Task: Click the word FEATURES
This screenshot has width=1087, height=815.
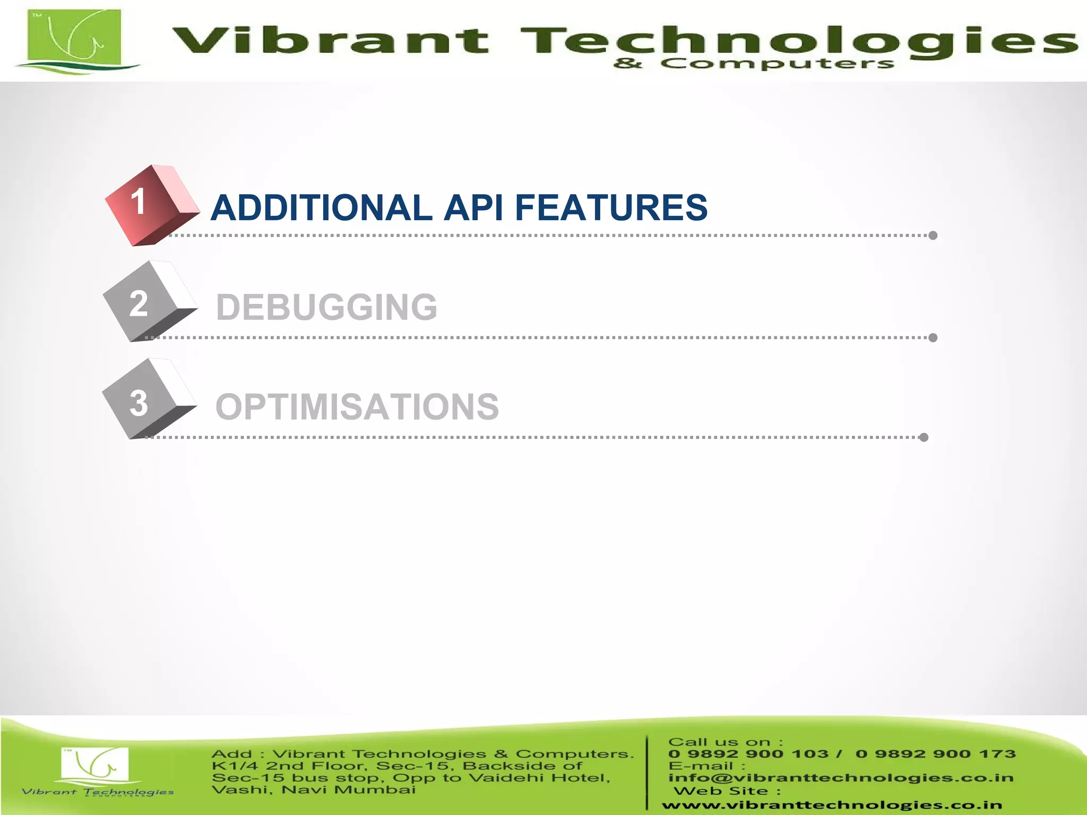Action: [611, 207]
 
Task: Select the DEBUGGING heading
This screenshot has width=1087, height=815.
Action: [326, 307]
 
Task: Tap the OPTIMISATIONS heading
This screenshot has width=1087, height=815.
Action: [357, 407]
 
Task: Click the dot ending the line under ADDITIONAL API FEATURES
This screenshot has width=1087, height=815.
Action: [933, 236]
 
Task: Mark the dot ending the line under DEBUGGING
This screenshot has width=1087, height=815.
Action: [933, 337]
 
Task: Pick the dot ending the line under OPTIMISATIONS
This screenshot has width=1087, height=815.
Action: [924, 437]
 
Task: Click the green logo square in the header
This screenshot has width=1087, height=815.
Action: [74, 37]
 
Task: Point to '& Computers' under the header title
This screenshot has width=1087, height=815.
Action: [754, 64]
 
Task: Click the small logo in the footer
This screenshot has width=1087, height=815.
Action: [96, 767]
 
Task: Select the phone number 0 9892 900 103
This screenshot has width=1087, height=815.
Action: [748, 754]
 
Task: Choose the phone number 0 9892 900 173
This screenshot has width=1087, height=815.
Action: [936, 754]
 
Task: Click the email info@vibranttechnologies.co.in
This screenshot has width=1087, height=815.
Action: [841, 778]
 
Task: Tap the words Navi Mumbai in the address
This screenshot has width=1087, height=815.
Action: [349, 790]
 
